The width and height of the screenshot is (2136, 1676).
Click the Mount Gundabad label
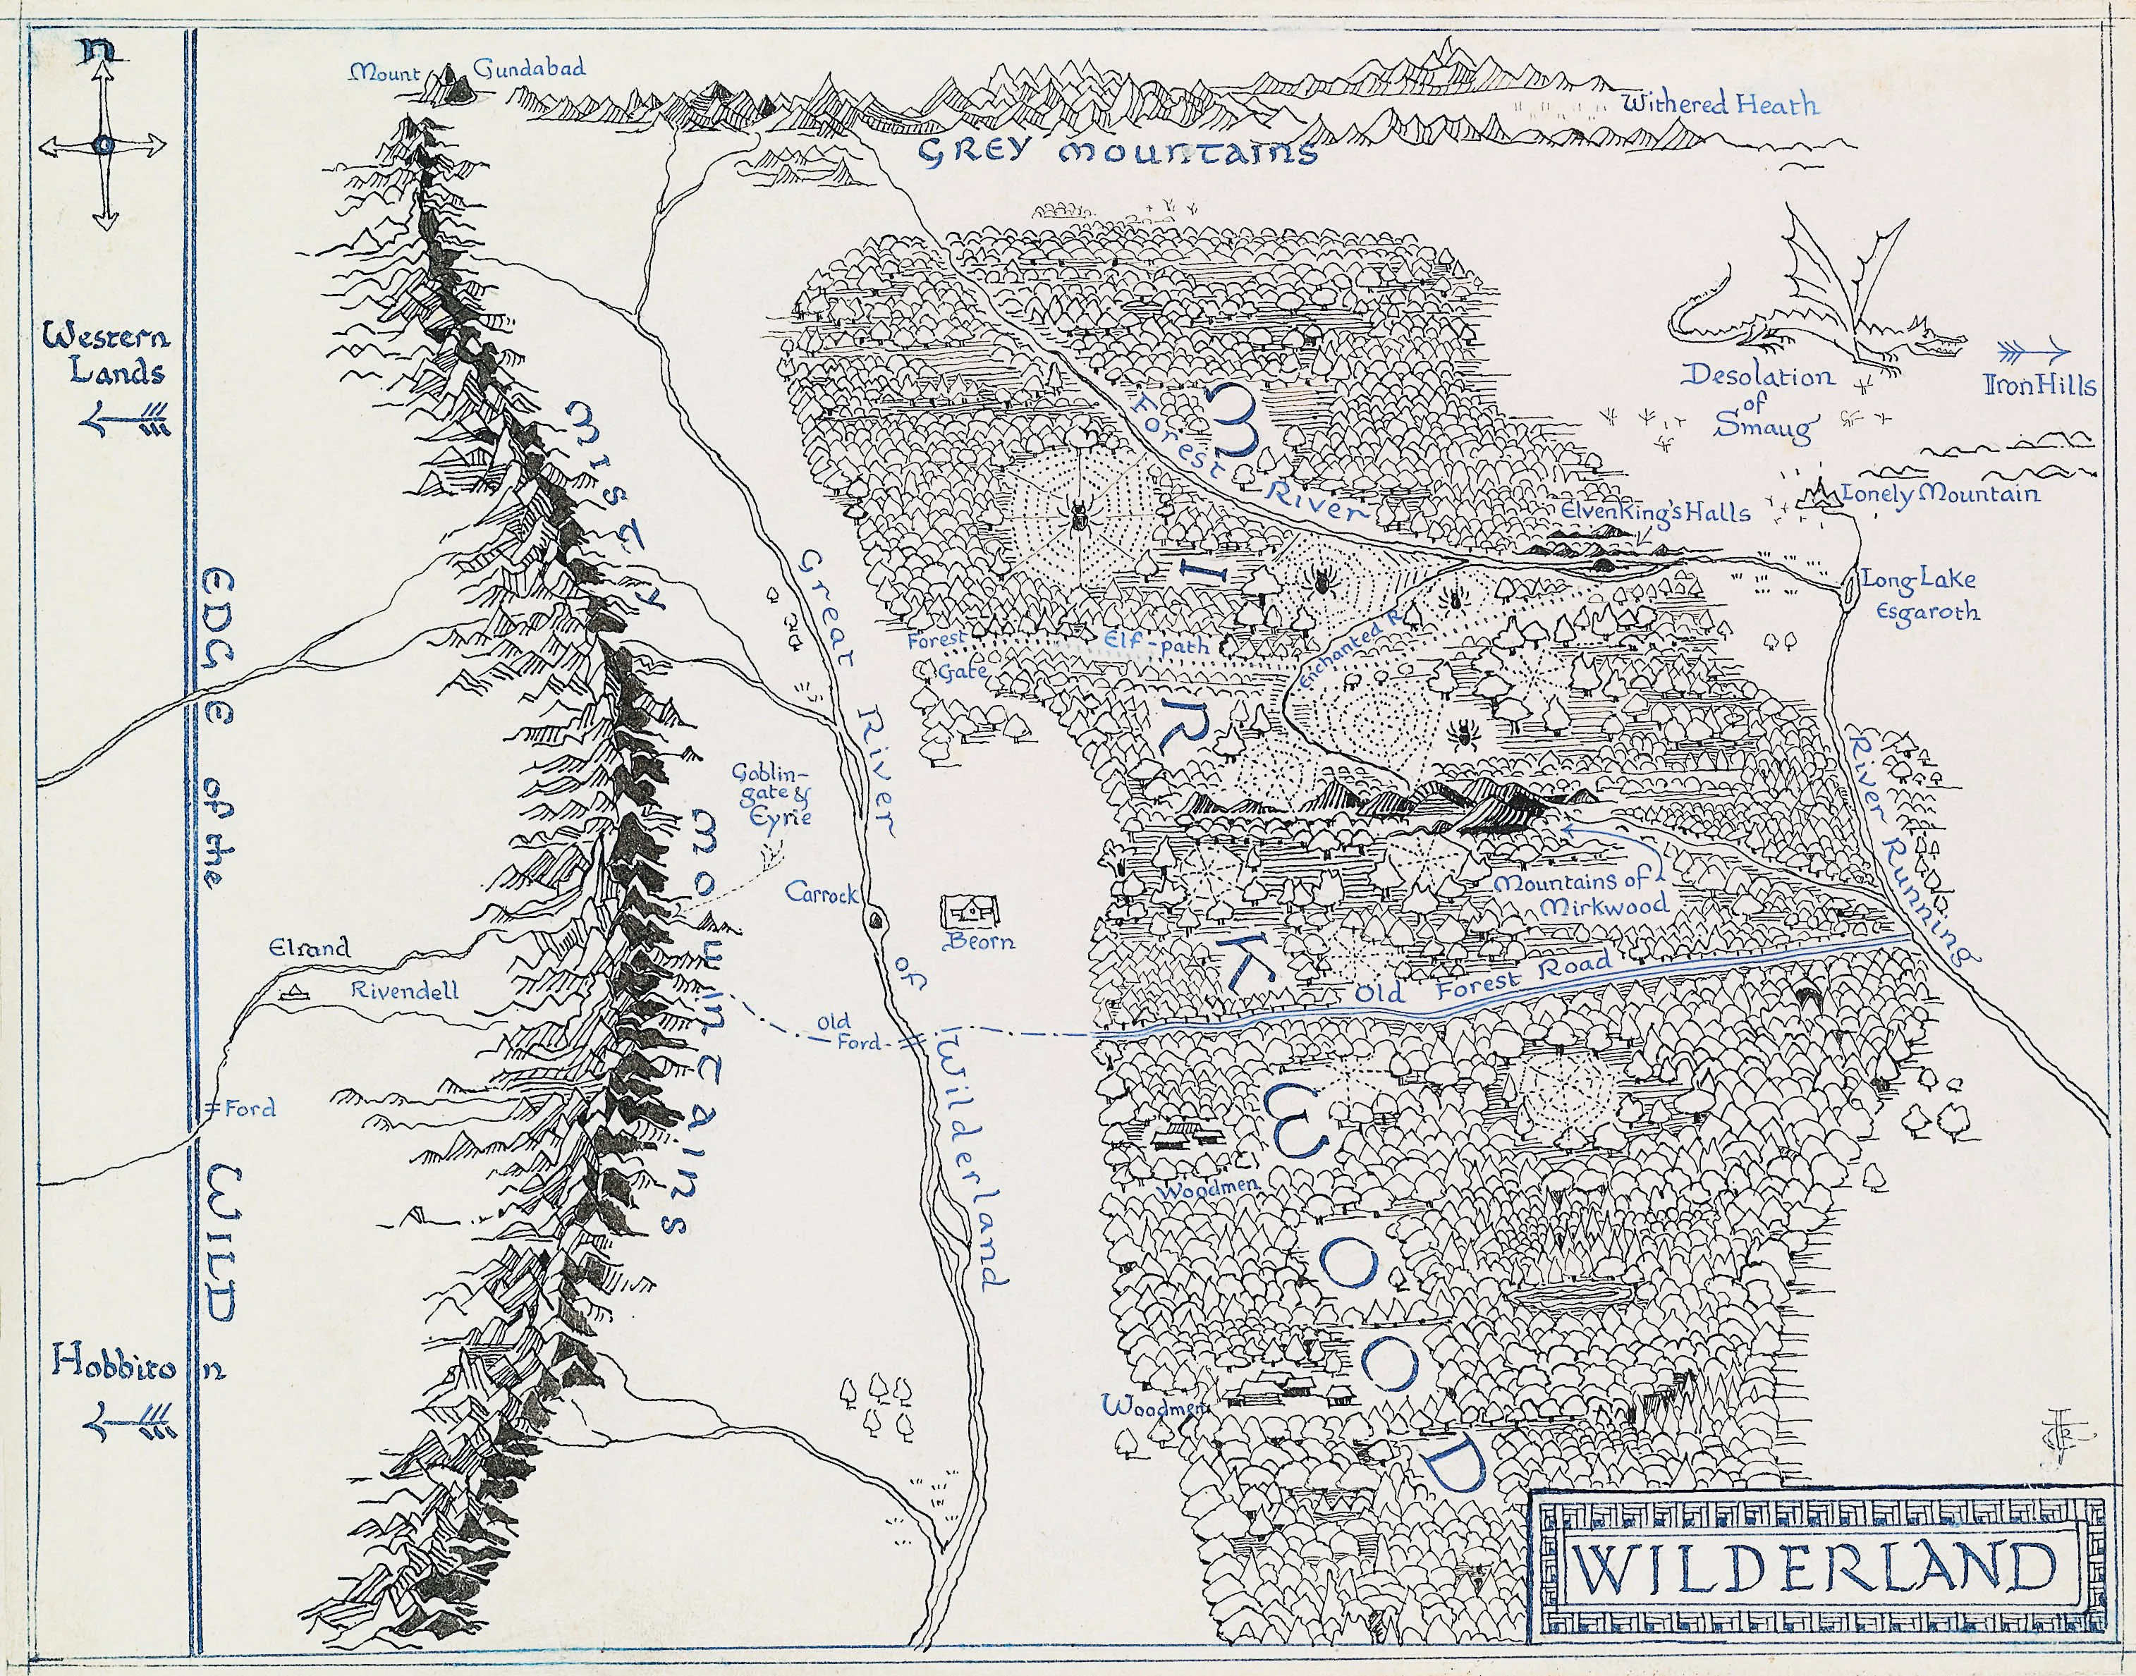tap(468, 70)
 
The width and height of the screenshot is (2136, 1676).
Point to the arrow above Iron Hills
tap(2034, 353)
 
